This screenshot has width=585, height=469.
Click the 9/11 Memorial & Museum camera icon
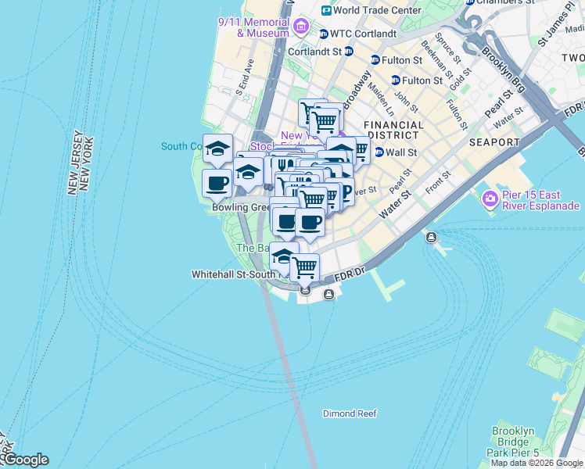pyautogui.click(x=301, y=29)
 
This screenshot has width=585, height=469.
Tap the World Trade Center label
pyautogui.click(x=377, y=11)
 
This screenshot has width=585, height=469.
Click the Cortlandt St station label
pyautogui.click(x=315, y=52)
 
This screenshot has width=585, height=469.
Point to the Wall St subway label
pyautogui.click(x=402, y=152)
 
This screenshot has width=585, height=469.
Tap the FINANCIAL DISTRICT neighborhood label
pyautogui.click(x=393, y=130)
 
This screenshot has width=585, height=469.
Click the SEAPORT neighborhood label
pyautogui.click(x=494, y=142)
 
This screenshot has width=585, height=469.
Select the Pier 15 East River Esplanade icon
pyautogui.click(x=490, y=199)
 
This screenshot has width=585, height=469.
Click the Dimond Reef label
pyautogui.click(x=350, y=414)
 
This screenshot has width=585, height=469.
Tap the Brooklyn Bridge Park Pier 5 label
pyautogui.click(x=515, y=442)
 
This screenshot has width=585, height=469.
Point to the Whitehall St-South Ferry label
pyautogui.click(x=231, y=275)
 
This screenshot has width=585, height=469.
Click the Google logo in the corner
pyautogui.click(x=25, y=460)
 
